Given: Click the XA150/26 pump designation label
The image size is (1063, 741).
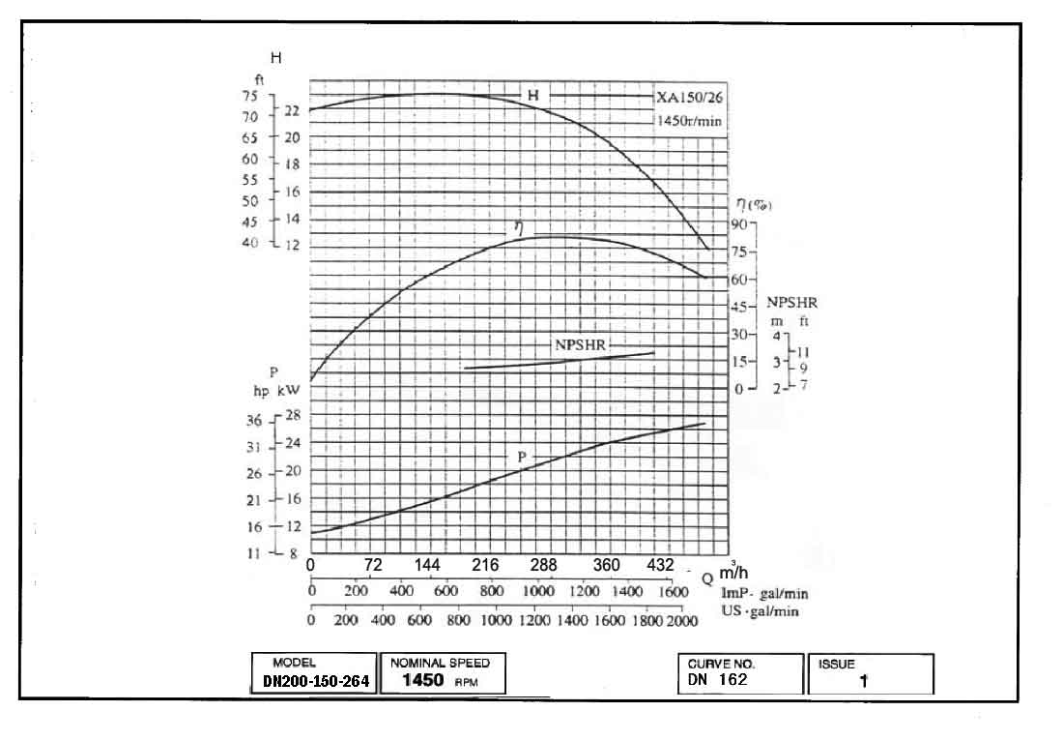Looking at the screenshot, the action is coord(689,97).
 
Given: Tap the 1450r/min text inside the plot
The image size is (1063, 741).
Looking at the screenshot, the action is coord(689,122).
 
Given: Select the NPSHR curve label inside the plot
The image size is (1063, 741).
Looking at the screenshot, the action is coord(581,344).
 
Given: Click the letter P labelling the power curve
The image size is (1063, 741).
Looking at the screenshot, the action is coord(521,457).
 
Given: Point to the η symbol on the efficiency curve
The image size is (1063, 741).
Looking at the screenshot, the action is coord(519,226).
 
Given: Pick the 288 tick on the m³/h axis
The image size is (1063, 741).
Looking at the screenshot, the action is coord(543,565).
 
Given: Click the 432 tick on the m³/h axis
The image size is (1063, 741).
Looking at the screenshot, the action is coord(660,565).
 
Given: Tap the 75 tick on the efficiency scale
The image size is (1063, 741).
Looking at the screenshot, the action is coord(739,252).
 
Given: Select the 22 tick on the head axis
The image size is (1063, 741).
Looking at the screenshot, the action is coord(292,110).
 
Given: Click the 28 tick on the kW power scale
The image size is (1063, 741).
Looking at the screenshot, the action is coord(292,415).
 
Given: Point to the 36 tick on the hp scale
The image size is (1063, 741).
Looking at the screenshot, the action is coord(253,421).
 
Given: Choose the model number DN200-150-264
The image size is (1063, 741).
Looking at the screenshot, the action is coord(316,681).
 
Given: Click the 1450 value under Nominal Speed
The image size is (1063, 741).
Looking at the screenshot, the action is coord(423,680).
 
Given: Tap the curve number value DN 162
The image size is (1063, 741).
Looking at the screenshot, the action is coord(717,679).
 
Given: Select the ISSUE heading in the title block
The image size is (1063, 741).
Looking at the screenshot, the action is coord(836,665).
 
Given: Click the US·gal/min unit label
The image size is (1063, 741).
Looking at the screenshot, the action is coord(760,610).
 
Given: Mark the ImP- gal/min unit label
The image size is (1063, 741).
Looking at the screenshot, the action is coord(764,594).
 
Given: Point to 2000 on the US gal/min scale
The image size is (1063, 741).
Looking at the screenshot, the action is coord(681,621).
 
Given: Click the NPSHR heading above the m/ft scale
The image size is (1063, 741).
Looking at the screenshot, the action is coord(791,303).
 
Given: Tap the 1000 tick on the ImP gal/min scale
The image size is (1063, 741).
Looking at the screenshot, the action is coord(537,591).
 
